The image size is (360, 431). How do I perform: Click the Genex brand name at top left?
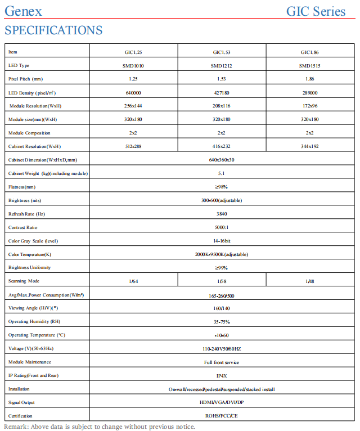(x=23, y=11)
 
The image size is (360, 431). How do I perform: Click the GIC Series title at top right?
(x=316, y=11)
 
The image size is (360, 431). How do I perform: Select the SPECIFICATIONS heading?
(x=53, y=30)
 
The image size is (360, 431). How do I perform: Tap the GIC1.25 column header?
(x=133, y=52)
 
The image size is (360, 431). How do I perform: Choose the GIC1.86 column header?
(x=309, y=52)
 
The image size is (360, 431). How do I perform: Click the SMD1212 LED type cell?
(x=222, y=66)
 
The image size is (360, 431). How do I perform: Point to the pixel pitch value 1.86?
(x=309, y=79)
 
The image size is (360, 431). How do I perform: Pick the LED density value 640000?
(x=133, y=93)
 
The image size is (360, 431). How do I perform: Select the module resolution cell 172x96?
(x=309, y=106)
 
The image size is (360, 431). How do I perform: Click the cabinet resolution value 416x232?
(x=222, y=147)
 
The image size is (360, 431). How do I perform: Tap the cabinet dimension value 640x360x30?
(x=222, y=160)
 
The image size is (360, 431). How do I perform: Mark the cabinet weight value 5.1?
(x=222, y=173)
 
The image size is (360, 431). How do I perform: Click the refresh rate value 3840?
(x=222, y=214)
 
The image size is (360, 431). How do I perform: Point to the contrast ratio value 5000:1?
(x=222, y=227)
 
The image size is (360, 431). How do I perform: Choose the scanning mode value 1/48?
(x=309, y=281)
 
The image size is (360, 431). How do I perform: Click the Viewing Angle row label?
(x=34, y=308)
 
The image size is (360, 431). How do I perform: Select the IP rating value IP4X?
(x=222, y=375)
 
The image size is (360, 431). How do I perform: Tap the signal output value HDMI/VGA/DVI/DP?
(x=222, y=402)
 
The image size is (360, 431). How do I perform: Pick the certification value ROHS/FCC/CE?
(x=222, y=416)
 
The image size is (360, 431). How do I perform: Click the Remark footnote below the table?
(x=100, y=426)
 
